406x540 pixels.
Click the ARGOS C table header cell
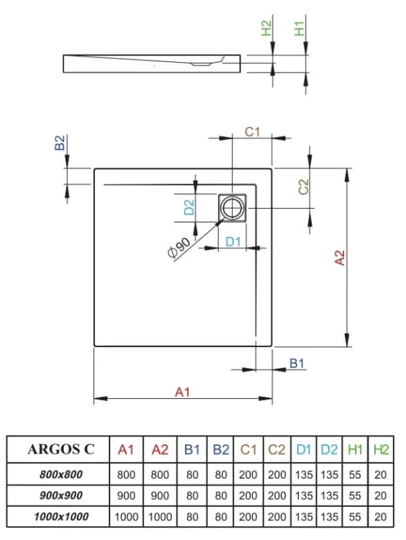pos(61,450)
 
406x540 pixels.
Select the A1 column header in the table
pos(126,450)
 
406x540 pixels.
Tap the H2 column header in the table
pos(381,450)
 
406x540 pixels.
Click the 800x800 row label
pos(61,474)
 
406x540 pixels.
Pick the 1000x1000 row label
pos(61,516)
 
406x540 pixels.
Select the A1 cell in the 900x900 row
pos(126,495)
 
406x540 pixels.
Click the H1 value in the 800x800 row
pos(355,474)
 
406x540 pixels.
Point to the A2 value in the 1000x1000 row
pos(161,516)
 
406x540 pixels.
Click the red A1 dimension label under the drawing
pos(182,391)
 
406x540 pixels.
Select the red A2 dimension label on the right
pos(340,258)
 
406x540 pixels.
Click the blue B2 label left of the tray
pos(60,143)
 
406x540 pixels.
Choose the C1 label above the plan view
pos(252,131)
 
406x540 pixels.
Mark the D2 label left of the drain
pos(189,208)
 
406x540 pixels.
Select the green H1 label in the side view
pos(300,30)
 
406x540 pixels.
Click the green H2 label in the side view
pos(266,30)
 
